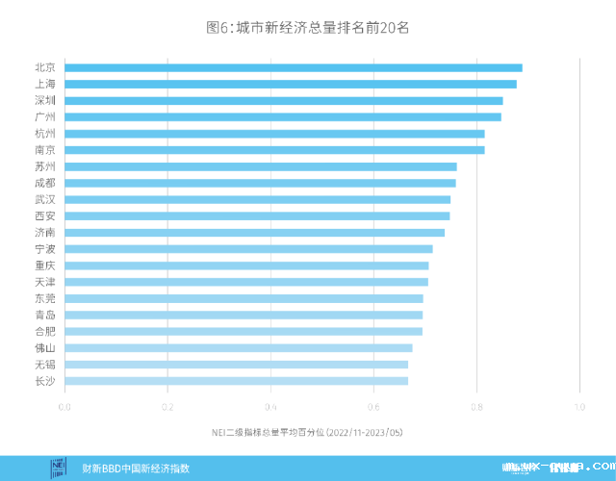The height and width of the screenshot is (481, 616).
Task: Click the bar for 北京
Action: click(294, 67)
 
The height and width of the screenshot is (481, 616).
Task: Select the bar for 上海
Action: click(291, 84)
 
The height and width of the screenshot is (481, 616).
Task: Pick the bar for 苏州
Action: click(261, 166)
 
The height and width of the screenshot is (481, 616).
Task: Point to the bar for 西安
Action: click(257, 215)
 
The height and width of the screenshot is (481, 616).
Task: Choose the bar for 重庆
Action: click(246, 266)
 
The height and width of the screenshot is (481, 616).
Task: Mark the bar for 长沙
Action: click(236, 381)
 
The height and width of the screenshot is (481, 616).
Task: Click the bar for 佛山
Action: click(239, 347)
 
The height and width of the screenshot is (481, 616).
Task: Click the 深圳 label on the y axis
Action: click(44, 100)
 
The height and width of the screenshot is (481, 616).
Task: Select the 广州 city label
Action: click(44, 116)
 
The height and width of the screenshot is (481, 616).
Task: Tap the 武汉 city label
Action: click(44, 199)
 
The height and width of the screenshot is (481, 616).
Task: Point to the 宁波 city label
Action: click(44, 249)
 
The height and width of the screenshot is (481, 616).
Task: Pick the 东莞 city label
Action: click(44, 298)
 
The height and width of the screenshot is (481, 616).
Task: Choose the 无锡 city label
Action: click(44, 365)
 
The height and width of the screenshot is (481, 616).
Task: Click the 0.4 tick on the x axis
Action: click(270, 407)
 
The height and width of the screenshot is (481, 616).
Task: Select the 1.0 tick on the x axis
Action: click(579, 407)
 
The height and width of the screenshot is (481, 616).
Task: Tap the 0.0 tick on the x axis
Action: click(64, 407)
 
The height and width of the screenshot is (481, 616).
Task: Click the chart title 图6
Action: click(308, 28)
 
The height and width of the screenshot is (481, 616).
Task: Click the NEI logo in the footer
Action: click(60, 468)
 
